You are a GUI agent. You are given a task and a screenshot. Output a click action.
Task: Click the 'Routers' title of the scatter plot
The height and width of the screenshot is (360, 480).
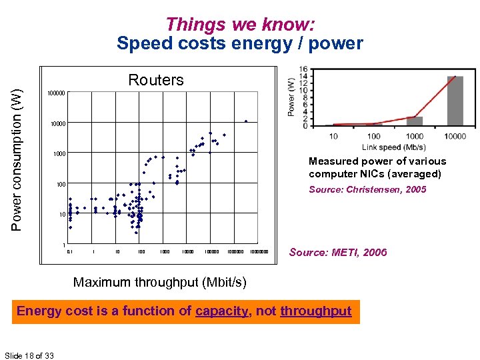pyautogui.click(x=155, y=81)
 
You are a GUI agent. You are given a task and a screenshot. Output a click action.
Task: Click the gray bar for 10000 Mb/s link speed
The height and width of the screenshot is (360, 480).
pyautogui.click(x=455, y=101)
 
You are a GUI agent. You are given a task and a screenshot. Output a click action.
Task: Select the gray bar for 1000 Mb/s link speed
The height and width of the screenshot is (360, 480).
pyautogui.click(x=415, y=121)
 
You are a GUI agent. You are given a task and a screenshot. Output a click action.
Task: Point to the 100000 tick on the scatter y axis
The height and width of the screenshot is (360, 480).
pyautogui.click(x=55, y=93)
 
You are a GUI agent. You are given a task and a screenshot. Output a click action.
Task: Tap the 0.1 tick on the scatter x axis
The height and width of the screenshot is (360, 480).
pyautogui.click(x=69, y=252)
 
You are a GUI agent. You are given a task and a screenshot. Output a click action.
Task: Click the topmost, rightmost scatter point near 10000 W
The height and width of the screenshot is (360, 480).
pyautogui.click(x=246, y=121)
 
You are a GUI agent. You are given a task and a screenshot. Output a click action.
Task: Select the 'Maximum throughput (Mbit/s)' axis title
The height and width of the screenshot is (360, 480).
pyautogui.click(x=159, y=282)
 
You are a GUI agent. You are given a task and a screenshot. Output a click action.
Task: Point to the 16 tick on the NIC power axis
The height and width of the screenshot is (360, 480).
pyautogui.click(x=303, y=69)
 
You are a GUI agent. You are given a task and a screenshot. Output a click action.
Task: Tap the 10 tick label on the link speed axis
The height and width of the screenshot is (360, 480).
pyautogui.click(x=333, y=137)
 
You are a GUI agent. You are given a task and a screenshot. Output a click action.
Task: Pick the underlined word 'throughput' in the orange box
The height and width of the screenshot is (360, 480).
pyautogui.click(x=315, y=311)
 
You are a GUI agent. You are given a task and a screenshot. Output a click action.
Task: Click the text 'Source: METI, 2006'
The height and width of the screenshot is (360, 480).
pyautogui.click(x=337, y=252)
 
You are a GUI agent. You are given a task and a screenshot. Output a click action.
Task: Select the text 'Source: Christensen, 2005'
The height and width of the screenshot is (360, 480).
pyautogui.click(x=367, y=189)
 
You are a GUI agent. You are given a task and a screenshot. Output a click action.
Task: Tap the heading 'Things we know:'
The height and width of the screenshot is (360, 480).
pyautogui.click(x=240, y=25)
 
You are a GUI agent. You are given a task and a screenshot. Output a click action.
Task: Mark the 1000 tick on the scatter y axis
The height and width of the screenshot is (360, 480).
pyautogui.click(x=58, y=154)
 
